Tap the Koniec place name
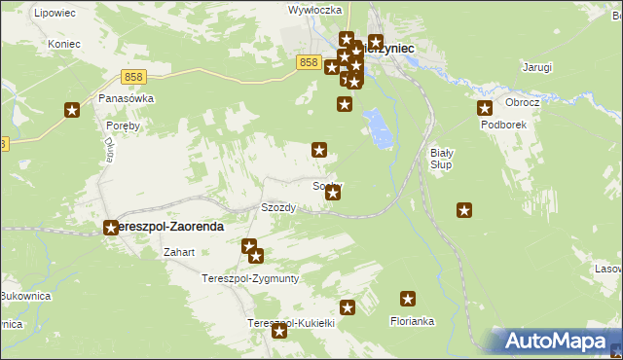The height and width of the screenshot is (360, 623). pos(62,44)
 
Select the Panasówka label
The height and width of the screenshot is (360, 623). pos(127,98)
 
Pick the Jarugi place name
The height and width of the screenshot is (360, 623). pos(536,67)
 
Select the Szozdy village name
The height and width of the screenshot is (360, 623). pos(278,207)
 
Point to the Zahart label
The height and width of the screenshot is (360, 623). pos(180,252)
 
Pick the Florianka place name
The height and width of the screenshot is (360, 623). pos(412,320)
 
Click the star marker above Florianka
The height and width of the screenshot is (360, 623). pos(408,300)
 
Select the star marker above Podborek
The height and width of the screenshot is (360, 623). pos(484,108)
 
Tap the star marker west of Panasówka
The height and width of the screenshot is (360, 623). pos(71,111)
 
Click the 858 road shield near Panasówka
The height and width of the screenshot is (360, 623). pos(134,76)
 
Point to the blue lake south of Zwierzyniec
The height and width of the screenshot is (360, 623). pos(379,127)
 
